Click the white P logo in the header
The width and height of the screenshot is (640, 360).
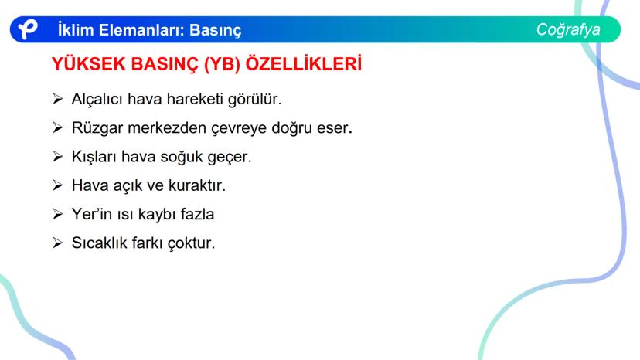28,29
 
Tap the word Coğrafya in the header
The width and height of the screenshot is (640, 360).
568,29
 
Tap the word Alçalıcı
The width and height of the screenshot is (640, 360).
97,100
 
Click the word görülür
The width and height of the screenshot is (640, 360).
254,100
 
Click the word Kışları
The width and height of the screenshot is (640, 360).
94,157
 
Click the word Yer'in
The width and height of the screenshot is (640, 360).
91,214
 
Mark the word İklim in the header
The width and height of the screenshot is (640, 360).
75,31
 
